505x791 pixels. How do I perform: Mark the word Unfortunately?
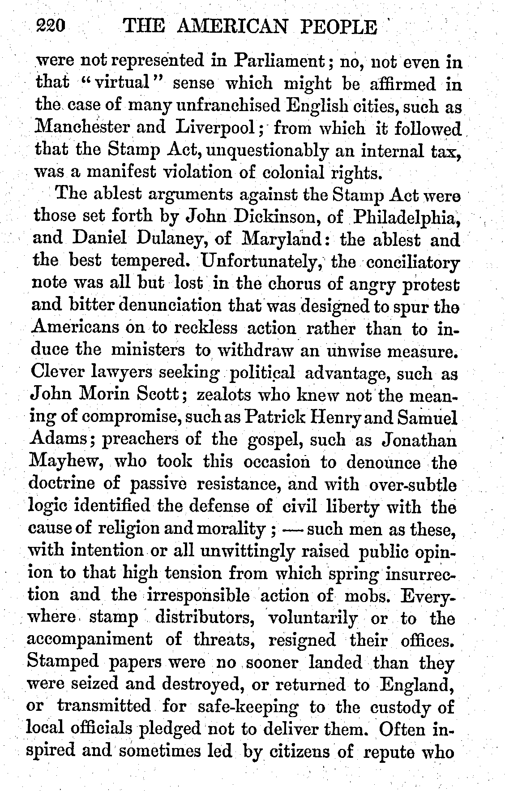click(x=264, y=262)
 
